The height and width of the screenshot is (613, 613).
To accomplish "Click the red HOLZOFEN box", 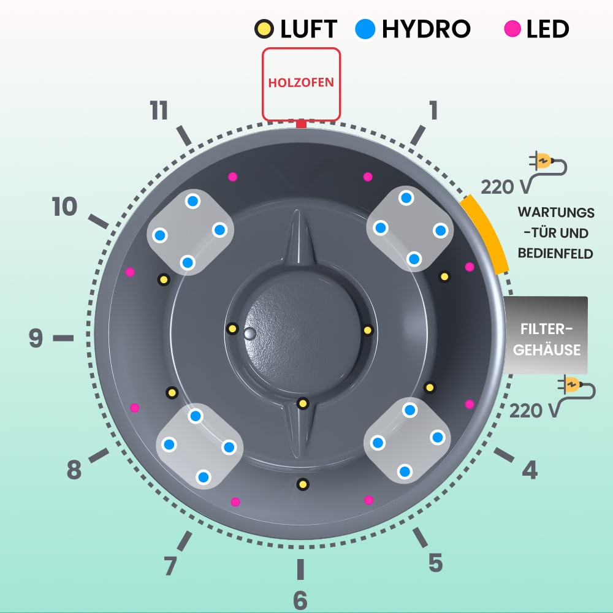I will click(x=301, y=84).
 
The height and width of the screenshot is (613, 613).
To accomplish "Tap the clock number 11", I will click(x=159, y=111).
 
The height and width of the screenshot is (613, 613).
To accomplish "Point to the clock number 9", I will click(x=36, y=338).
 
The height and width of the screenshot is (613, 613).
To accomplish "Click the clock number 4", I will click(x=529, y=470).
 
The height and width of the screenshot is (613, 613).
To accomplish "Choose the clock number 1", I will click(x=433, y=111).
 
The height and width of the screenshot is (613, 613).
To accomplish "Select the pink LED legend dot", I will click(x=512, y=28).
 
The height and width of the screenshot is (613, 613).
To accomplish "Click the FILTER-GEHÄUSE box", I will click(x=546, y=335).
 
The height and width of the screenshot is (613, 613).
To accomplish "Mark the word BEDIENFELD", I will click(x=555, y=253).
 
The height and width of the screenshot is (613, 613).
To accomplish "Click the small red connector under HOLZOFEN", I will click(x=300, y=124).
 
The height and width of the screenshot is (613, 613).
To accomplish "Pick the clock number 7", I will click(x=171, y=565).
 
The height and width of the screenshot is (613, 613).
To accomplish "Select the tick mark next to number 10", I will click(x=99, y=222).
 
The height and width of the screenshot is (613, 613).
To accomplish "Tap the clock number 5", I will click(x=435, y=562).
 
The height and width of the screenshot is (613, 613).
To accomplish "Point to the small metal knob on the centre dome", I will click(x=249, y=333).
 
